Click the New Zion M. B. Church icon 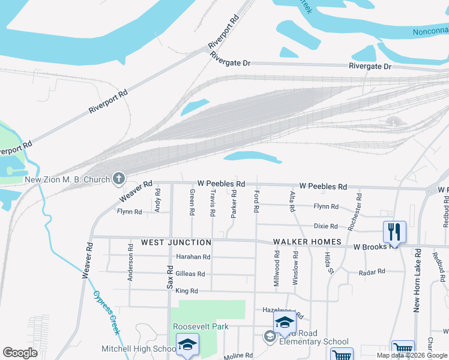pos(119,178)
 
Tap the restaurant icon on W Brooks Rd pos(394,231)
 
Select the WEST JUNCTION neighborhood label pos(176,242)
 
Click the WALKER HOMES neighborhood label pos(307,242)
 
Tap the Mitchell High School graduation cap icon pos(187,344)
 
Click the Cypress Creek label pos(107,312)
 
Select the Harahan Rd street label pos(193,257)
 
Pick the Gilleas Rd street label pos(190,274)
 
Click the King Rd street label pos(187,290)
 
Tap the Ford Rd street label pos(256,202)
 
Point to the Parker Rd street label pos(234,204)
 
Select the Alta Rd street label pos(292,201)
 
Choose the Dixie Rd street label pos(326,226)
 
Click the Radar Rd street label pos(372,272)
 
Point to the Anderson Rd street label pos(130,262)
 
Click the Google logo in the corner pos(20,353)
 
